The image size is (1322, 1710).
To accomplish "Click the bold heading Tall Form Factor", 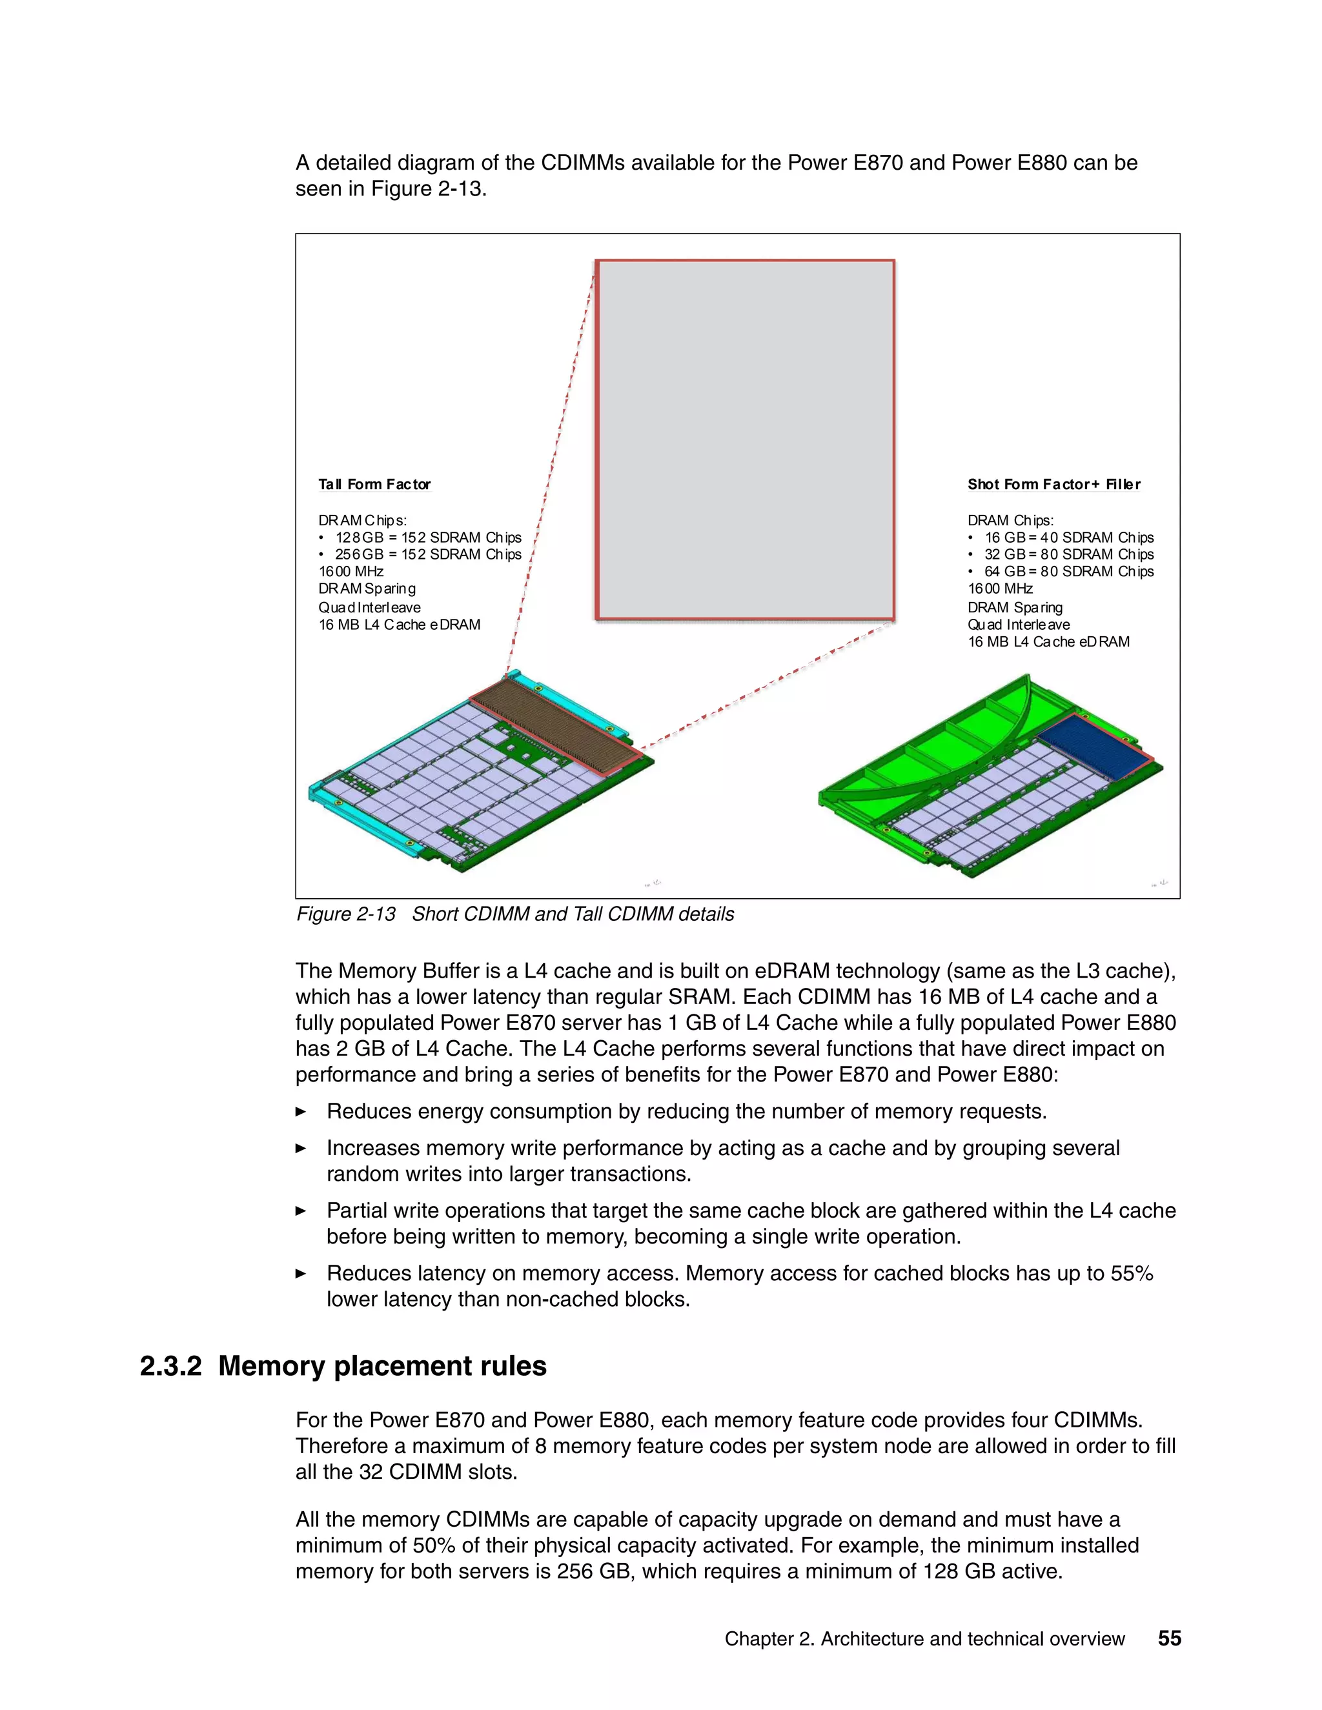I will (x=374, y=485).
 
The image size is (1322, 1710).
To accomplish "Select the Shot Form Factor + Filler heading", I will (x=1053, y=485).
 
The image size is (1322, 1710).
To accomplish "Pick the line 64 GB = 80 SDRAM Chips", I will (x=1068, y=572).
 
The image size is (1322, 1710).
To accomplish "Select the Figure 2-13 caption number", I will (x=345, y=914).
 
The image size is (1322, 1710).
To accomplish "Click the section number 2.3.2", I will (x=170, y=1366).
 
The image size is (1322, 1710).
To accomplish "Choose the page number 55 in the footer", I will (x=1169, y=1639).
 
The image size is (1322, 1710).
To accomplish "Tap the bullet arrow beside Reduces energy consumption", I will (x=301, y=1112).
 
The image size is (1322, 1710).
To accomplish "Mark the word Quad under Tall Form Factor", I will (x=336, y=609).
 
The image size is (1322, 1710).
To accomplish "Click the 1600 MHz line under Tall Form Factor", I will (x=351, y=572).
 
